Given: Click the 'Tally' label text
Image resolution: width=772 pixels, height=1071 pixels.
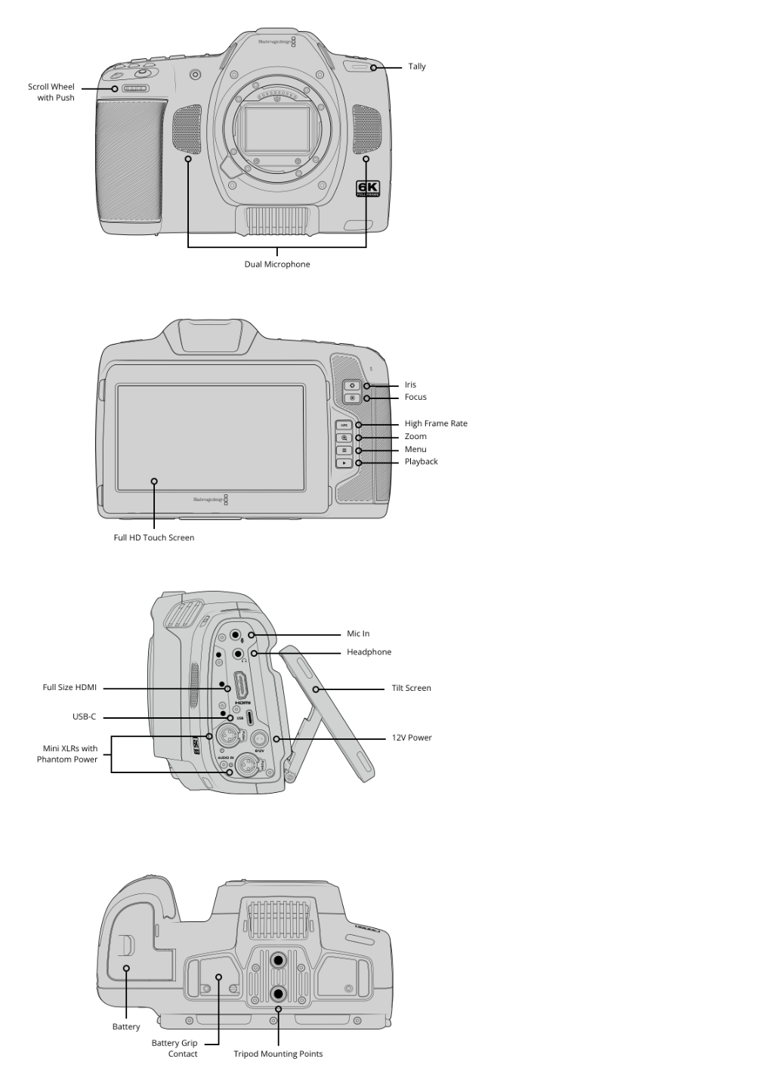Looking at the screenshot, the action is (416, 67).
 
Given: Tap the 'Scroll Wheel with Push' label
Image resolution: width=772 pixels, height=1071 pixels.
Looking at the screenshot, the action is (51, 91).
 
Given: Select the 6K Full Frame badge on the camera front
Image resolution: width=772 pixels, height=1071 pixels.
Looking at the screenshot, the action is (368, 188).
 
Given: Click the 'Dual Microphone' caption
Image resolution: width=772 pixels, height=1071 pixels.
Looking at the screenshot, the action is (277, 265).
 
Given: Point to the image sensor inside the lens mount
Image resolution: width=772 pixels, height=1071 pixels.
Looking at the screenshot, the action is (277, 128).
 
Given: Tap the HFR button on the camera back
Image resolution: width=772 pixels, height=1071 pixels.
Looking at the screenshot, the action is (344, 425).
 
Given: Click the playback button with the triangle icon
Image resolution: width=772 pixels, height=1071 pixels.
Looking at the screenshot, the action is (344, 463).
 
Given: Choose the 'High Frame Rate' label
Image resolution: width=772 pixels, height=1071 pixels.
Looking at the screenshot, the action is (436, 423).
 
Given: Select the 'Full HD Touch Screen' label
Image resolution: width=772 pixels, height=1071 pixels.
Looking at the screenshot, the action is (154, 537).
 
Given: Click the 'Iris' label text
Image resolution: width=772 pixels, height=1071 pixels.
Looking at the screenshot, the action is (410, 385).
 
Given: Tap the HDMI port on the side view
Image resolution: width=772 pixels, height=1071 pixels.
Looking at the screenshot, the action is (240, 686).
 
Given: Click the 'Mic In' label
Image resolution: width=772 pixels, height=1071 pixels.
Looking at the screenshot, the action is (358, 633).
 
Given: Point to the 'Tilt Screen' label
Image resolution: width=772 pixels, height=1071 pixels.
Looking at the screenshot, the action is (412, 688).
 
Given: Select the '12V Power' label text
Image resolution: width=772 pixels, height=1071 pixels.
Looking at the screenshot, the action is (412, 737).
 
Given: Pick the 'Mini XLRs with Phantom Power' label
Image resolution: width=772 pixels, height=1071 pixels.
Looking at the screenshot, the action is (67, 754).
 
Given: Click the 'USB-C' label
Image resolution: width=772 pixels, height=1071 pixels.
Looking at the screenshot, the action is (84, 717).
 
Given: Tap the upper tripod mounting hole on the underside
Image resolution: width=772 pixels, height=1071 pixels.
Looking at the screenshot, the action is (278, 959).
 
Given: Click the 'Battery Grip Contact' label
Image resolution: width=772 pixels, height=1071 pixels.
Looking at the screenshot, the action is (174, 1048).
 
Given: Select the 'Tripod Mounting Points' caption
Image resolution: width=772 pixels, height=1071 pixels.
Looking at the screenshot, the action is (278, 1054).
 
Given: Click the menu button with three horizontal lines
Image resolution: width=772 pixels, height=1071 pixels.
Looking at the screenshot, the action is (344, 450).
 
